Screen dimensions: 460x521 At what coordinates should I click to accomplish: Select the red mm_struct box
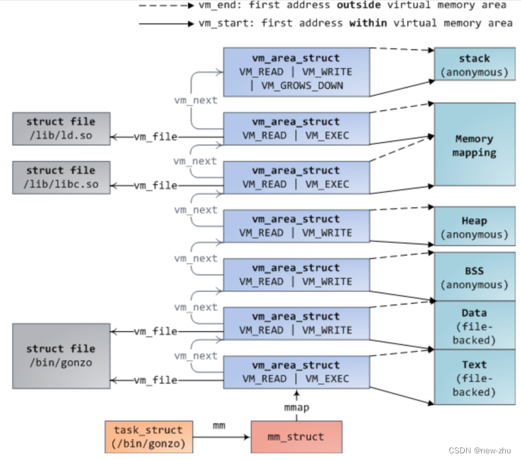coord(296,437)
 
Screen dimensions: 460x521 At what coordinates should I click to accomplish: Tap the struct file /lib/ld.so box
coord(61,129)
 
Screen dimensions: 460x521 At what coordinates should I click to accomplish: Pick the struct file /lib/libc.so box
coord(61,177)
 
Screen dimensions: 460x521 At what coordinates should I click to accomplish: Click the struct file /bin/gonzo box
coord(61,355)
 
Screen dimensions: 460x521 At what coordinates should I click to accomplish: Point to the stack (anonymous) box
coord(474,64)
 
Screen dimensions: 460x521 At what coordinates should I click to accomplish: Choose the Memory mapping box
coord(474,145)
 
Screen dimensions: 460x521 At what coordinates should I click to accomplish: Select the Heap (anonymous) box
coord(474,227)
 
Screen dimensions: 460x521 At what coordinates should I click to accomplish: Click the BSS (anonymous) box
coord(474,276)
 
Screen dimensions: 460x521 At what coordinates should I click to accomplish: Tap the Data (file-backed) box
coord(474,325)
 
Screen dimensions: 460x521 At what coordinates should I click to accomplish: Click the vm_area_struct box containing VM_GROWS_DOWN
coord(296,72)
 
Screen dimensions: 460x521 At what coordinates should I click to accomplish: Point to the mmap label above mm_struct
coord(297,408)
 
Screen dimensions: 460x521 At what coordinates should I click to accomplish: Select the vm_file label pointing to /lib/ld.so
coord(156,137)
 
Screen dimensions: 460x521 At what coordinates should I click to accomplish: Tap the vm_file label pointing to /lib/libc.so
coord(156,186)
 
